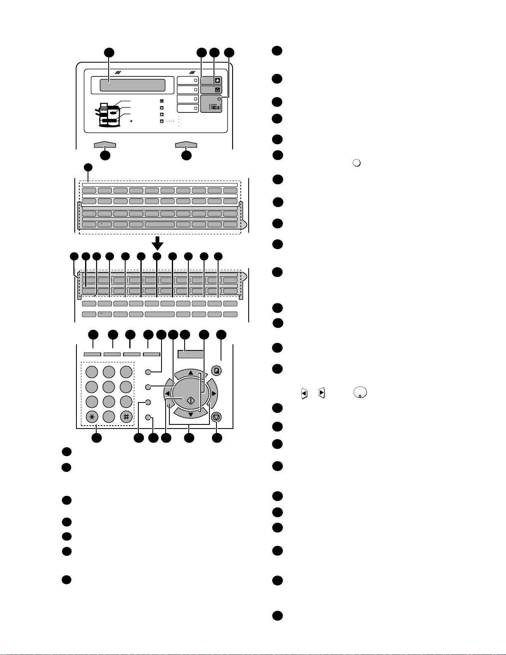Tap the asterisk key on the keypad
coord(91,417)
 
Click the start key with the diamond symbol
coord(190,400)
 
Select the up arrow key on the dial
coord(190,373)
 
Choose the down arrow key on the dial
coord(190,414)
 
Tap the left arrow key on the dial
coord(167,393)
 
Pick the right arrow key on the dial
coord(214,393)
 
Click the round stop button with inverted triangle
coord(216,417)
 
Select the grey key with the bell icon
coord(211,80)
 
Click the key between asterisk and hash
coord(109,417)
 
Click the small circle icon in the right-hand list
coord(357,163)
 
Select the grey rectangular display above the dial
coord(190,354)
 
